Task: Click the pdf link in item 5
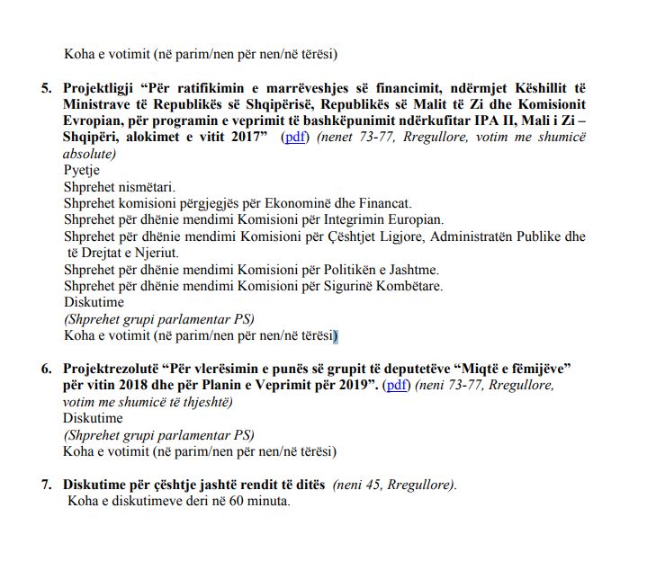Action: pos(295,138)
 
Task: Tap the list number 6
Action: pos(46,370)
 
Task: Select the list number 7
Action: pos(46,485)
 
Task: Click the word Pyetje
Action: pos(82,170)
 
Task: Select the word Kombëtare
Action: pos(409,286)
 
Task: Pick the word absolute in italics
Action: pos(90,154)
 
